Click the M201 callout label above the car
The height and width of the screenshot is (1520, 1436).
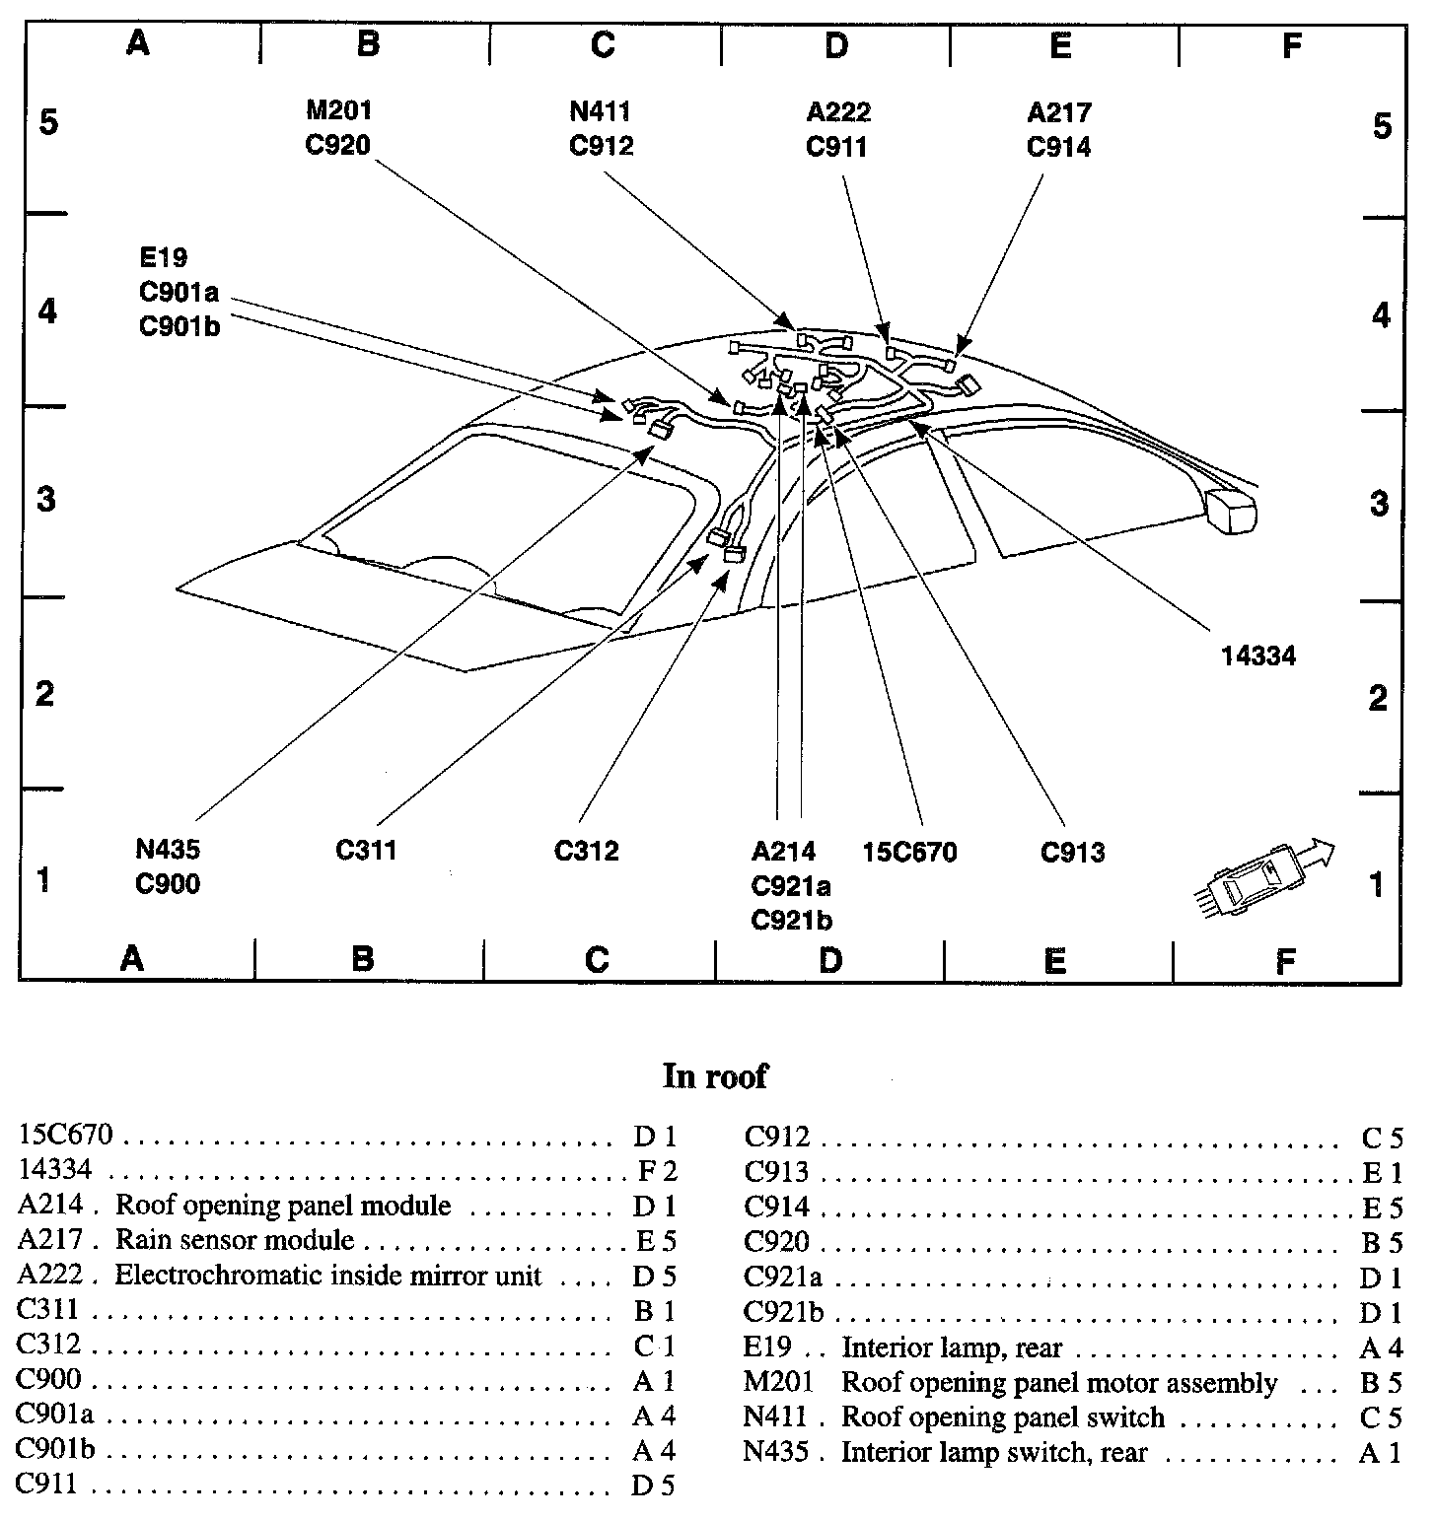(338, 111)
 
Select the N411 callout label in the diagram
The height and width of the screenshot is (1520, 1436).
(601, 111)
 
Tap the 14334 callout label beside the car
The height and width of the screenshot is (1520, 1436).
(1257, 656)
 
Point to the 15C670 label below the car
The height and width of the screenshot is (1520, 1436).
(909, 852)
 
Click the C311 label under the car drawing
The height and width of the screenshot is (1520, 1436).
(366, 850)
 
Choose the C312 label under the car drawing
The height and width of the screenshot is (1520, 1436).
(586, 850)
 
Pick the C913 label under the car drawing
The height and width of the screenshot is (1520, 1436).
(1072, 852)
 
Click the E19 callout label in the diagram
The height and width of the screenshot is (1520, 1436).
(164, 258)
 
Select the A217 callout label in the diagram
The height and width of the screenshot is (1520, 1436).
(1058, 113)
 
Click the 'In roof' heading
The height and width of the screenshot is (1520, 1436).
(714, 1075)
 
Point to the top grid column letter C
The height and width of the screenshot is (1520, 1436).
(603, 44)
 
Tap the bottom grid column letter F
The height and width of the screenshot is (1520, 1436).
(1284, 960)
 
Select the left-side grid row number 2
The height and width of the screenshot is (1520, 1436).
(44, 693)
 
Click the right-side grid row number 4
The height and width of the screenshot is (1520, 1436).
(1380, 315)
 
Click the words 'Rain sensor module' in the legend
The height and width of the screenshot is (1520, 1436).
(235, 1240)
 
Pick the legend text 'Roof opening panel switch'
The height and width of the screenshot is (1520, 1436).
(1002, 1417)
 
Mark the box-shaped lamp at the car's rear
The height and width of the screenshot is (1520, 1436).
(1232, 510)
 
